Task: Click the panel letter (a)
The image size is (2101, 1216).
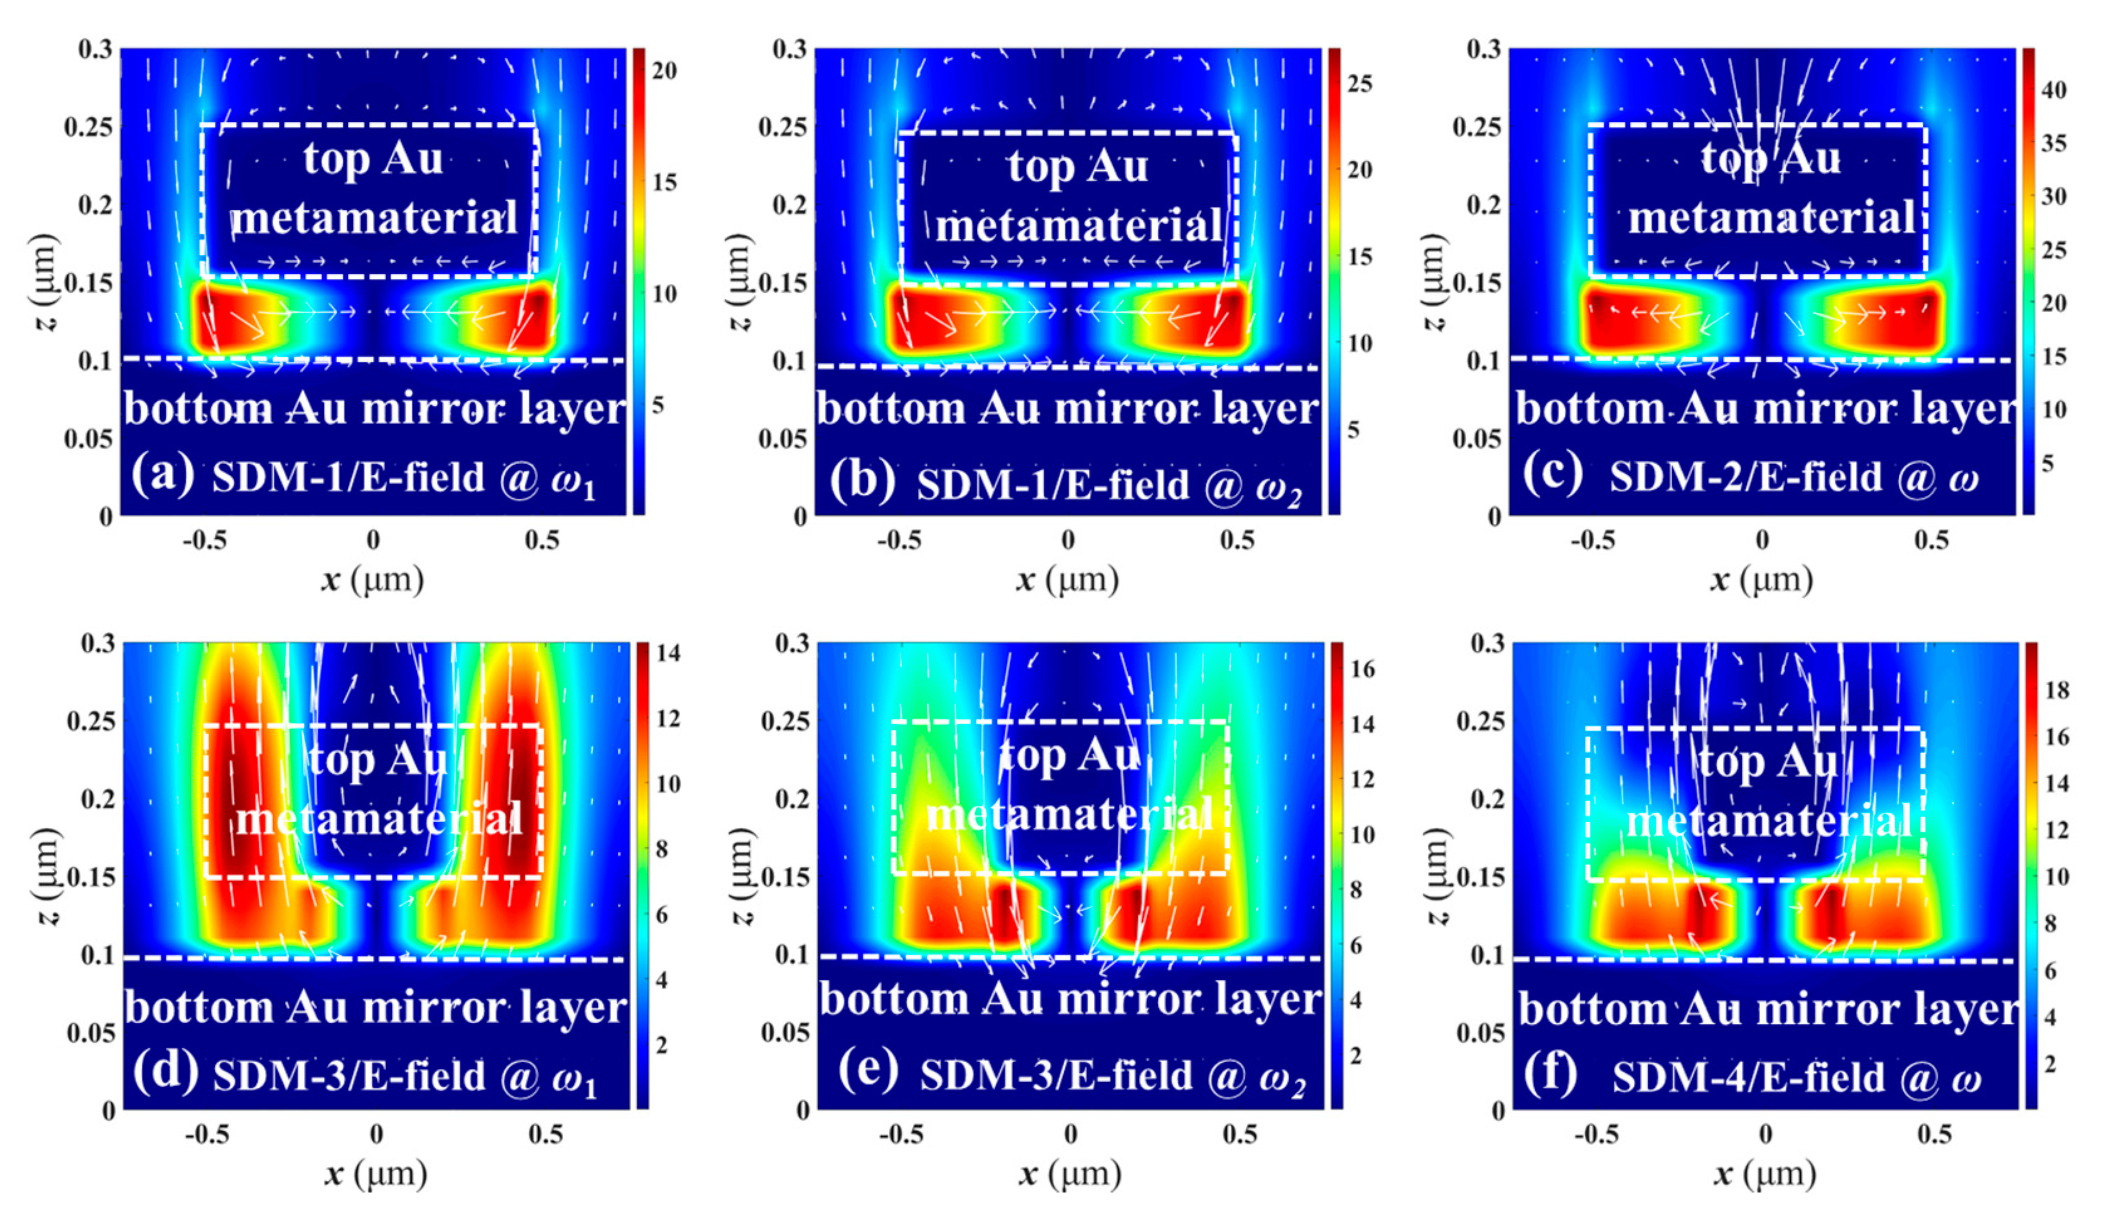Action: click(x=163, y=474)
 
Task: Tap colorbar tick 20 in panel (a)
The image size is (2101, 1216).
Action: click(x=664, y=70)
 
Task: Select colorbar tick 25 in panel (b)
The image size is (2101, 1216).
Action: click(x=1360, y=84)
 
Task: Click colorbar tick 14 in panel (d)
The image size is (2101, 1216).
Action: click(x=667, y=653)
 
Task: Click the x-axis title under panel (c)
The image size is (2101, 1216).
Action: click(x=1761, y=580)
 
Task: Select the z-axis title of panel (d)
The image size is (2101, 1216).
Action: click(x=46, y=876)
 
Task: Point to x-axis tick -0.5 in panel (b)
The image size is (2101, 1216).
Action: click(x=899, y=540)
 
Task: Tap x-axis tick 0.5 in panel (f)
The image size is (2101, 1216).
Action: click(x=1934, y=1134)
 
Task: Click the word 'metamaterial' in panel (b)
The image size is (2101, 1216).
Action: click(x=1079, y=226)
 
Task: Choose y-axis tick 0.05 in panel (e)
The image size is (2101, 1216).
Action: click(x=784, y=1033)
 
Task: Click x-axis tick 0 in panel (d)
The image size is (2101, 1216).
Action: click(x=376, y=1134)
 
